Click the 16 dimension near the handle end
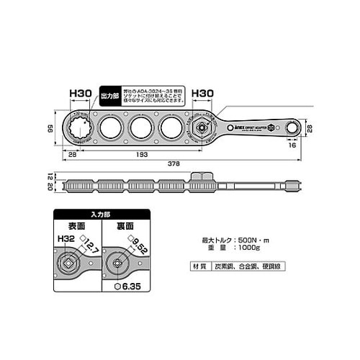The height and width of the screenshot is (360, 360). coord(291,145)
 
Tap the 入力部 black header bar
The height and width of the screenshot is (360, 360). coord(100,214)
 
